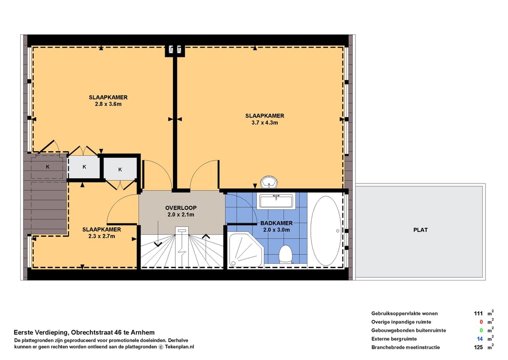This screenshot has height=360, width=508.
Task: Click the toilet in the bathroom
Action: [x=286, y=255]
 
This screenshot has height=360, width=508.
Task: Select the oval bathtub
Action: [x=325, y=231]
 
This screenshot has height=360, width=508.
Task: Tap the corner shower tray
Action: [x=246, y=250]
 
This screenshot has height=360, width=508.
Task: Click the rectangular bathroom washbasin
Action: [x=276, y=201]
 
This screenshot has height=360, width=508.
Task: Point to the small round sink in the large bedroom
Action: [x=269, y=182]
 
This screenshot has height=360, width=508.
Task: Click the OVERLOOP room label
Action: [x=181, y=208]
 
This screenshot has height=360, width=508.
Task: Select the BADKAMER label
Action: [x=277, y=223]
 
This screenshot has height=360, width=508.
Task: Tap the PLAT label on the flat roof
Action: [x=421, y=230]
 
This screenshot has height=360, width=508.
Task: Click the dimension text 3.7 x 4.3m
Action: [x=265, y=123]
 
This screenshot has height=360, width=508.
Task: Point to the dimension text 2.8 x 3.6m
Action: [x=108, y=104]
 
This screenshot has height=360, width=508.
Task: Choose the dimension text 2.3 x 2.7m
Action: [x=102, y=236]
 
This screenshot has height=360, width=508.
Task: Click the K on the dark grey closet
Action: [x=48, y=167]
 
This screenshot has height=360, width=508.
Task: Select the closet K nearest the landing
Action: [x=120, y=169]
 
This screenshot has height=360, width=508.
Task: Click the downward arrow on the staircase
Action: [x=158, y=234]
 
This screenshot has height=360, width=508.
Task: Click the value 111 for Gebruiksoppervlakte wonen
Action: [x=478, y=313]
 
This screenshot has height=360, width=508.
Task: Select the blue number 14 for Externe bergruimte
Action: [x=480, y=339]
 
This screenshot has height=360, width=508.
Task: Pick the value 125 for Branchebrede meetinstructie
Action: [x=478, y=347]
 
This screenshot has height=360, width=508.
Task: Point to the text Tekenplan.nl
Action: [x=180, y=347]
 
